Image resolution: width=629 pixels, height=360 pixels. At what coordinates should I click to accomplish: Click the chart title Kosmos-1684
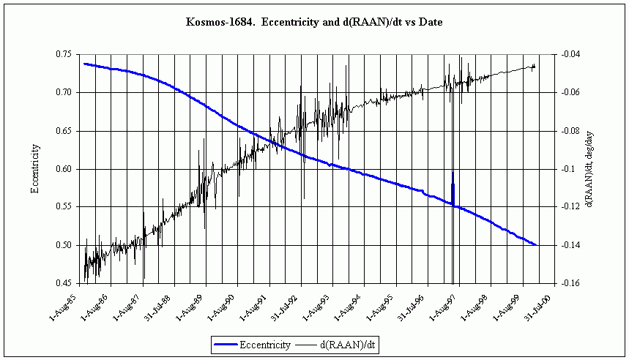pyautogui.click(x=314, y=23)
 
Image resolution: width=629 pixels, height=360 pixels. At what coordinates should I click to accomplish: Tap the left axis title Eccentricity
pyautogui.click(x=34, y=169)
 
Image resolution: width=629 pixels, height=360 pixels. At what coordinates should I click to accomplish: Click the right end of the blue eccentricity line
pyautogui.click(x=537, y=245)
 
